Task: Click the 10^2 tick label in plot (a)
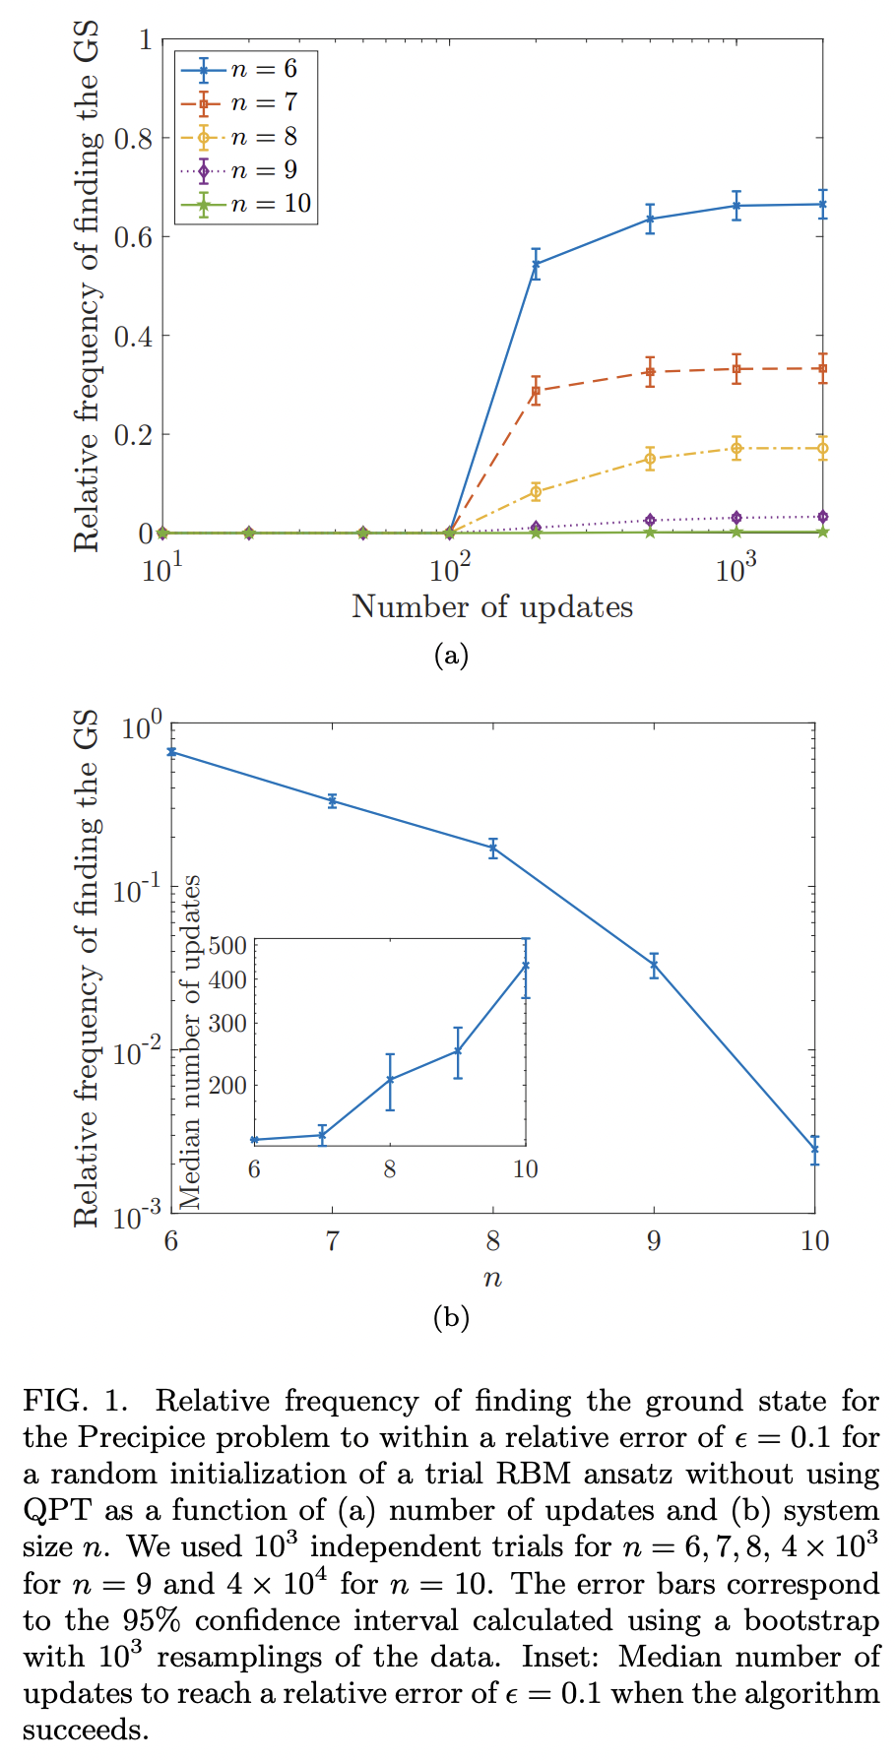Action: [449, 570]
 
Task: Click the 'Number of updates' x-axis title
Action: [492, 607]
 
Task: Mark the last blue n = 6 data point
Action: [822, 204]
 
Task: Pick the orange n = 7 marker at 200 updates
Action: [536, 391]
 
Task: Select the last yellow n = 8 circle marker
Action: [822, 449]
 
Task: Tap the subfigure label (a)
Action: [451, 656]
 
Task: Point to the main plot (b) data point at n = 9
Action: [654, 966]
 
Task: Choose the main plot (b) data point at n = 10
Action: [814, 1149]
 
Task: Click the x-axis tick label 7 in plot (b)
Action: [332, 1241]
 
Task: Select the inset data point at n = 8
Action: [390, 1080]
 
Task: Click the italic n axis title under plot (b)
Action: [492, 1280]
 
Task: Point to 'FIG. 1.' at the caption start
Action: [75, 1401]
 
